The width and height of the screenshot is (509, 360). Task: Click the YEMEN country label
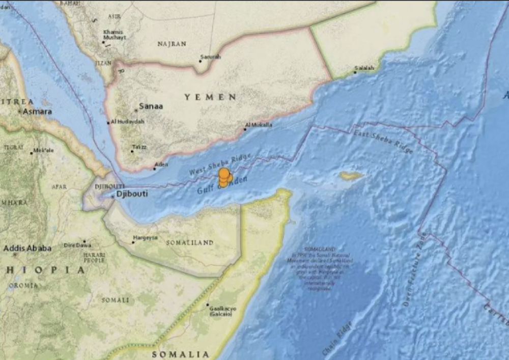210,97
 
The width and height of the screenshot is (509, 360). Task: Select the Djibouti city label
132,194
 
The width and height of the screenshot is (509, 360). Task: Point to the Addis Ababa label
27,248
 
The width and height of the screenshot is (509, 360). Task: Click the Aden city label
161,165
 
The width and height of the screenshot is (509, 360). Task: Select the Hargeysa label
145,238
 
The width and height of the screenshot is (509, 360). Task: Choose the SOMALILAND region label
189,243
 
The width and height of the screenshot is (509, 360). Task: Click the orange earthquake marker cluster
224,178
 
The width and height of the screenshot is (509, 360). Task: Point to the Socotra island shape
351,176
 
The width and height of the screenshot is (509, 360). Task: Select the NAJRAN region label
172,44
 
